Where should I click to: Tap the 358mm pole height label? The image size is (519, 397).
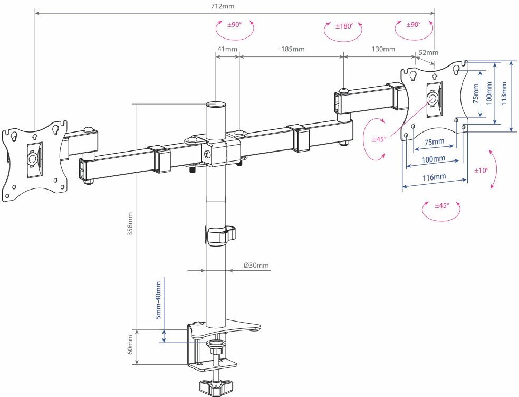tap(130, 224)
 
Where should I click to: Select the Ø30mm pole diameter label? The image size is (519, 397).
tap(256, 266)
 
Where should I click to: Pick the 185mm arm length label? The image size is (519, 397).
tap(293, 49)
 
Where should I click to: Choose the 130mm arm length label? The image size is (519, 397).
tap(383, 49)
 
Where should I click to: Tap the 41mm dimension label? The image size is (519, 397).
tap(227, 49)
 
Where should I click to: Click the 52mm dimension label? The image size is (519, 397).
tap(428, 52)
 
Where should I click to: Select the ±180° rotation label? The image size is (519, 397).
tap(344, 25)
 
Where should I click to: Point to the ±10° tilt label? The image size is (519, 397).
tap(481, 171)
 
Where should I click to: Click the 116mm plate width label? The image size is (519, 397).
tap(434, 177)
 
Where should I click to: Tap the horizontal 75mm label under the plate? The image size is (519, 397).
tap(434, 141)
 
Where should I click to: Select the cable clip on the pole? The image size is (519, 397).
tap(220, 235)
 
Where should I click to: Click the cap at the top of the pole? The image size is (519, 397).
tap(215, 106)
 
